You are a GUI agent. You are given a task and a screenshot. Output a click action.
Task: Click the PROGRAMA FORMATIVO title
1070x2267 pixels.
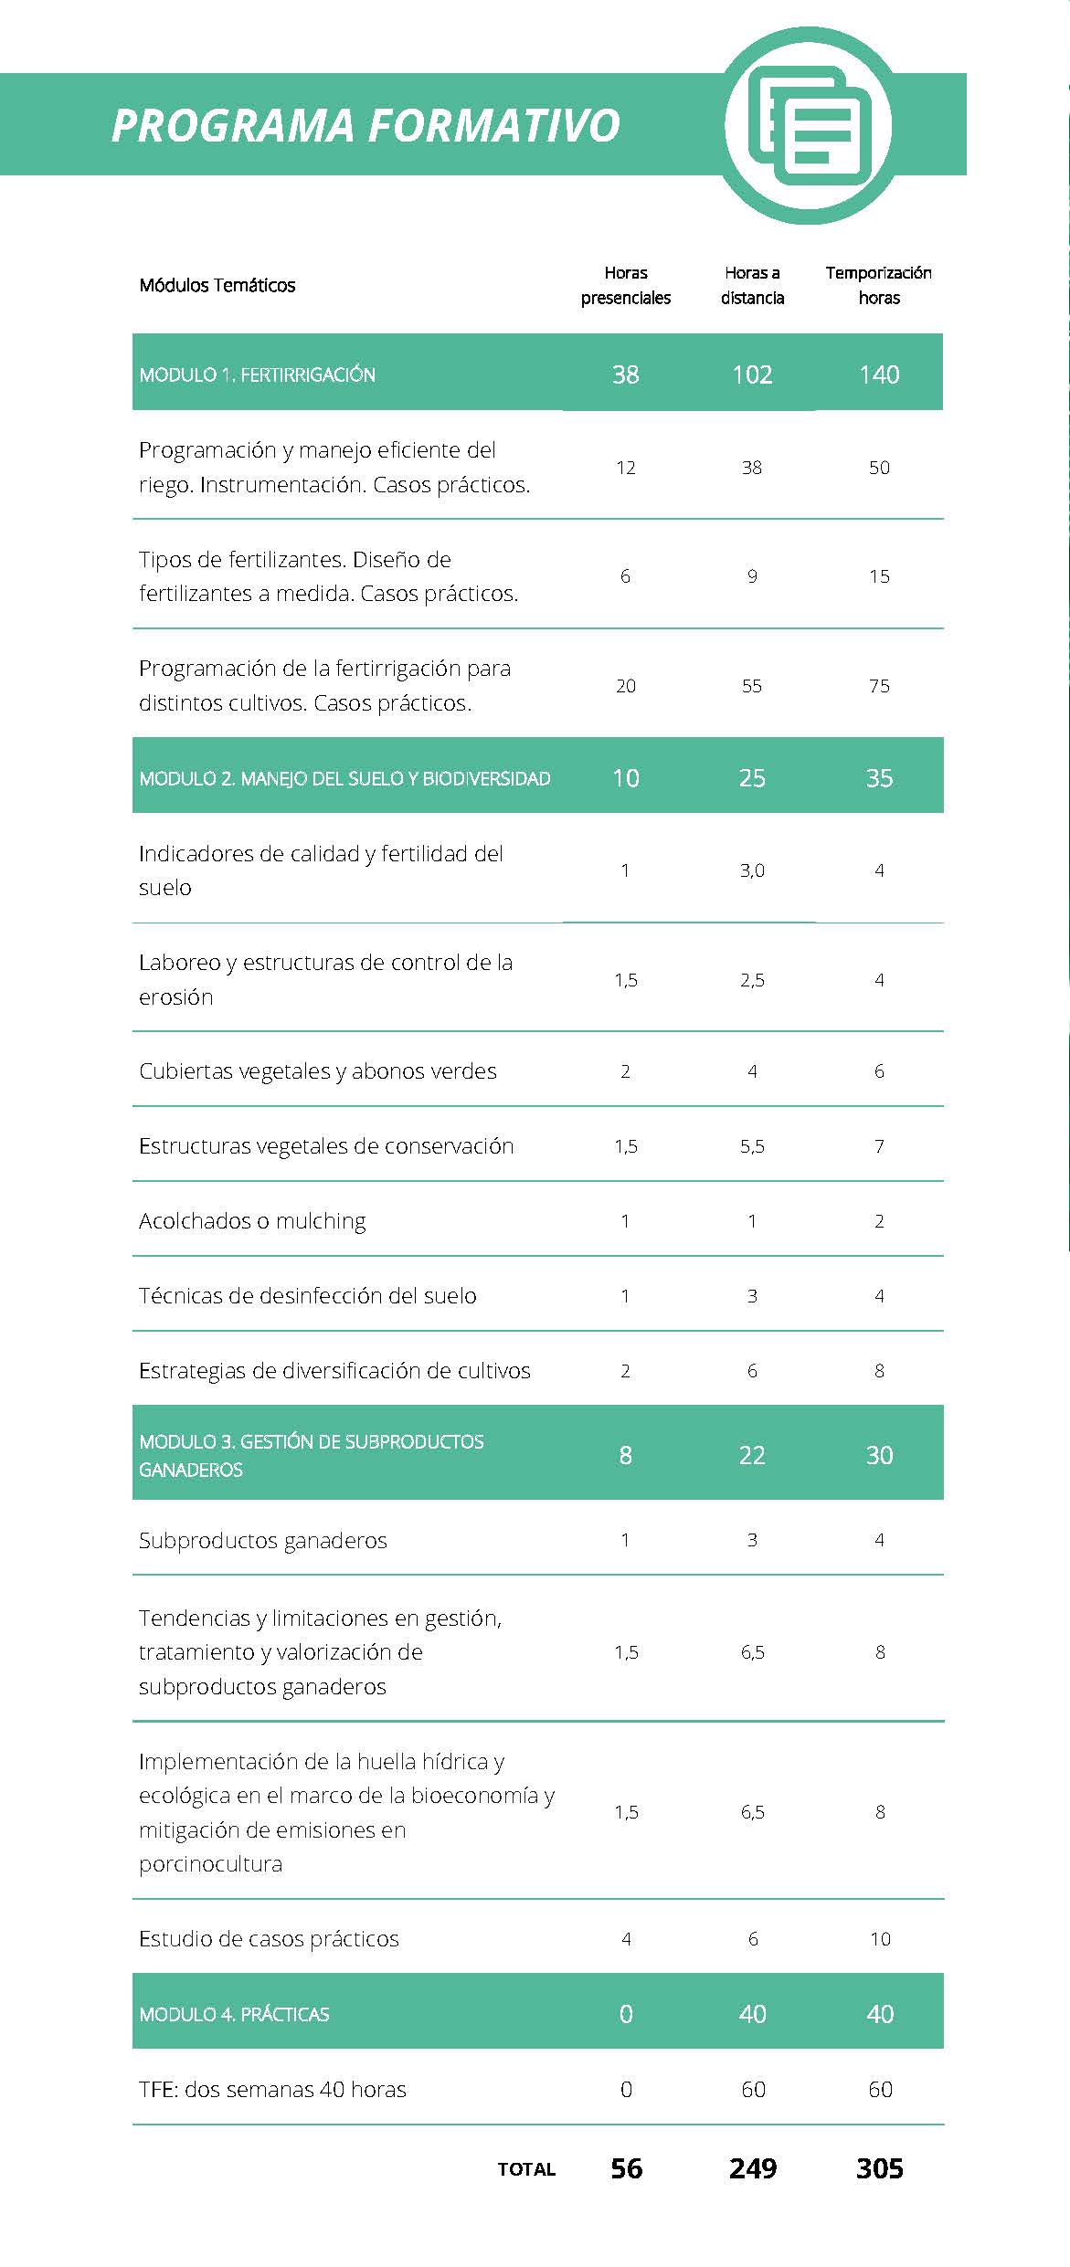coord(365,125)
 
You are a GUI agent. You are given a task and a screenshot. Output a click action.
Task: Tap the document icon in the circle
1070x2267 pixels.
coord(808,125)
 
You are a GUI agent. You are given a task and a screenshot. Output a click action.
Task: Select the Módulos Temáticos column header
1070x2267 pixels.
coord(217,285)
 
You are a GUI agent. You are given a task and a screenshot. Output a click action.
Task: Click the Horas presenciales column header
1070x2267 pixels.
coord(626,285)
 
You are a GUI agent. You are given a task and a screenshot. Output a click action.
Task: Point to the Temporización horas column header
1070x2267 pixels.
coord(879,285)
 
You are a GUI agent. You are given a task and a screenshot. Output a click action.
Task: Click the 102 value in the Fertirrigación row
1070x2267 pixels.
coord(752,374)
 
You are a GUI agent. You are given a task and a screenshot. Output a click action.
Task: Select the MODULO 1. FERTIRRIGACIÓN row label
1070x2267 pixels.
coord(258,374)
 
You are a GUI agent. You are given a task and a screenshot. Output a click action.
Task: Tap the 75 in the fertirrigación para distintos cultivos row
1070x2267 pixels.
coord(879,686)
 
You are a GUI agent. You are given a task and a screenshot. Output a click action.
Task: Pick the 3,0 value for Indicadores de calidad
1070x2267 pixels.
coord(752,870)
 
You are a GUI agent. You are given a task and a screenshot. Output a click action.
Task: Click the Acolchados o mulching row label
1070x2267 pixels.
coord(252,1221)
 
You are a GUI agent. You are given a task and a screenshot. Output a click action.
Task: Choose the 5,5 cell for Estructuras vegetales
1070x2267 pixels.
coord(752,1146)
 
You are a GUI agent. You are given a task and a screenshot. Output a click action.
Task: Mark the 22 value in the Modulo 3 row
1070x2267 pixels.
coord(752,1455)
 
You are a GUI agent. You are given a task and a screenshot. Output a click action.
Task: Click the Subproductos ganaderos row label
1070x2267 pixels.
coord(263,1541)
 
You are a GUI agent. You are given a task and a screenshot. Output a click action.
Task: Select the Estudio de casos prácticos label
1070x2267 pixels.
coord(269,1939)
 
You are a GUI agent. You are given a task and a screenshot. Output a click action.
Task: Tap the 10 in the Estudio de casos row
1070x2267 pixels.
coord(880,1939)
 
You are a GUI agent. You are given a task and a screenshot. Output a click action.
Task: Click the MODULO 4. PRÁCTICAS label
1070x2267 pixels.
coord(234,2014)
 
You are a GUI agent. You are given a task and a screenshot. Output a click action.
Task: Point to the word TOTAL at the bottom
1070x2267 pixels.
coord(526,2169)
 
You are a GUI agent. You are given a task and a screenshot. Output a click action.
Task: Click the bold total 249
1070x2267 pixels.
coord(753,2168)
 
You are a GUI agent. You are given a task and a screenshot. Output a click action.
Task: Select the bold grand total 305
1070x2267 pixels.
coord(880,2168)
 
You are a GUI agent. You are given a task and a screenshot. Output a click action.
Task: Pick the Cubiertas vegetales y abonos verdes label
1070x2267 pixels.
coord(318,1071)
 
